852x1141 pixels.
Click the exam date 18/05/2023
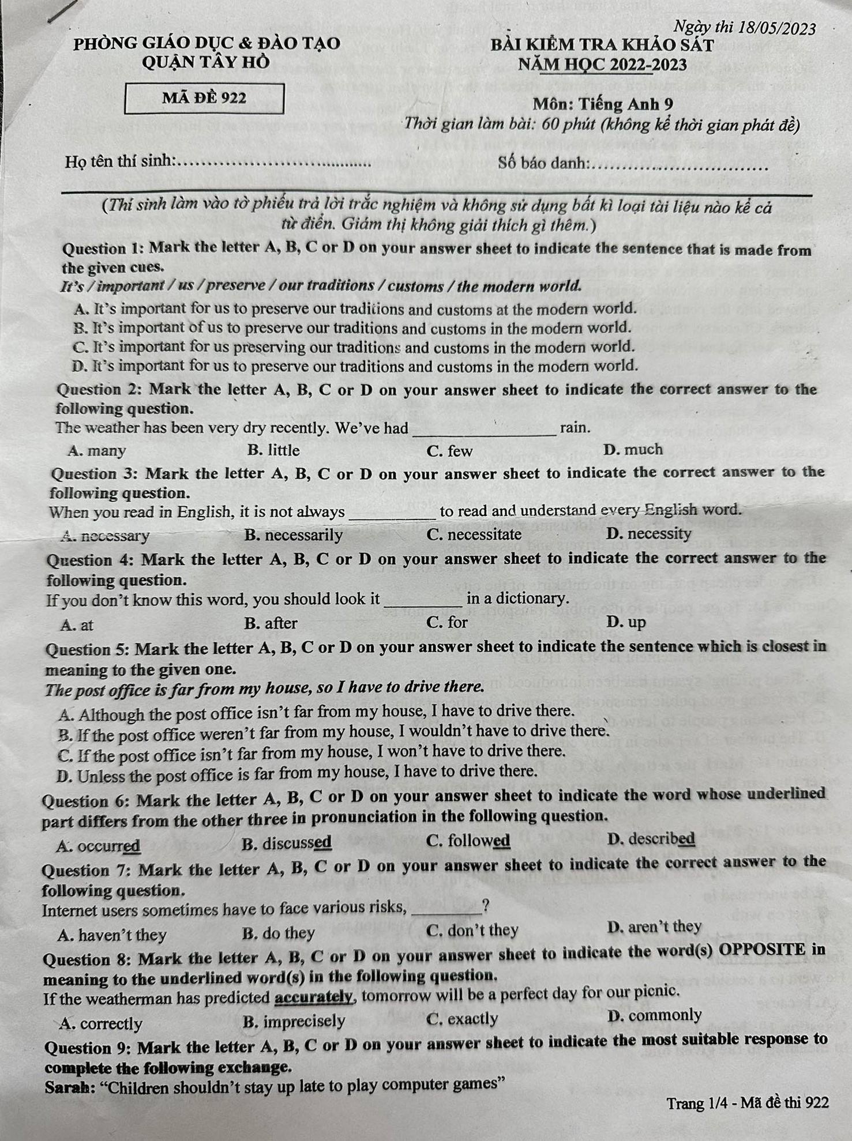tap(776, 28)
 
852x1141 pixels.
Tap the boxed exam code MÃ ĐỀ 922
tap(204, 98)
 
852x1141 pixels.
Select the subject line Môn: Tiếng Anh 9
tap(602, 104)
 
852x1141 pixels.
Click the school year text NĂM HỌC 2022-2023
tap(602, 65)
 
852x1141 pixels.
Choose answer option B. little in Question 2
tap(273, 450)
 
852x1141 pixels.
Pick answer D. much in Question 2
tap(633, 450)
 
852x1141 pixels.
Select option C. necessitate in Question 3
tap(474, 534)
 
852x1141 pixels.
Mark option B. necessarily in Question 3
tap(294, 535)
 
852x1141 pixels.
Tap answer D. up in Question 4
tap(626, 622)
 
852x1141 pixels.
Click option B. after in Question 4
tap(271, 623)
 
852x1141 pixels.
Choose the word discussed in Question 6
tap(296, 843)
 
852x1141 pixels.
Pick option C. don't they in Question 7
tap(472, 931)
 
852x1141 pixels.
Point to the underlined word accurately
tap(313, 997)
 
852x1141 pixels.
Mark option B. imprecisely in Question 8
tap(294, 1021)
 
